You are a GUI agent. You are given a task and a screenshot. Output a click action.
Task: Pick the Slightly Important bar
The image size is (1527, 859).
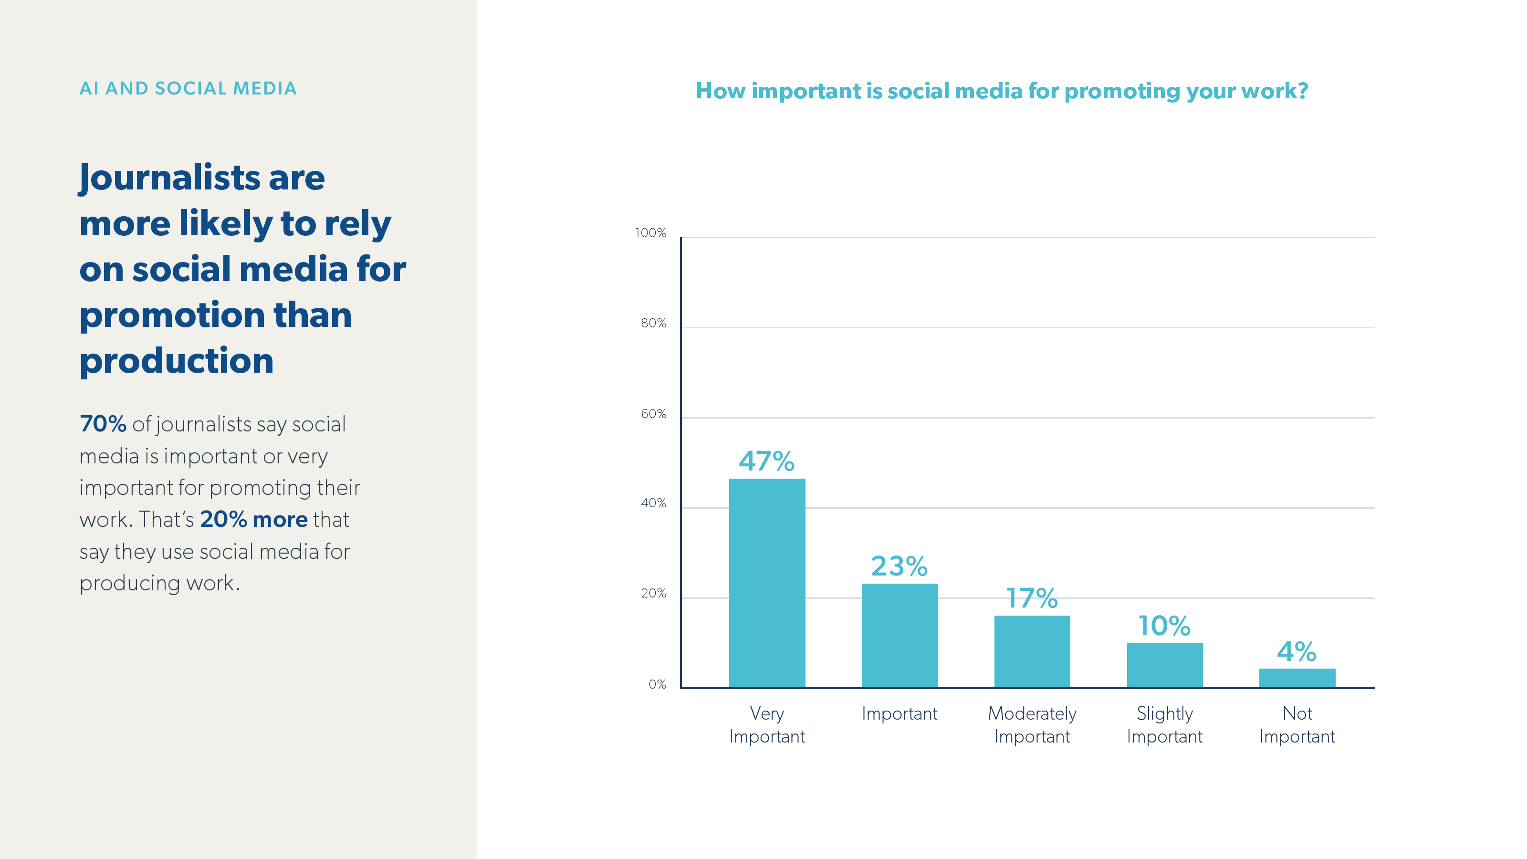1164,665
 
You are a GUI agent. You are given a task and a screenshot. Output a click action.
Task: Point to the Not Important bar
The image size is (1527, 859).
1297,678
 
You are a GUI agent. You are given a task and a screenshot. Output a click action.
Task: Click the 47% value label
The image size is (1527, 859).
766,461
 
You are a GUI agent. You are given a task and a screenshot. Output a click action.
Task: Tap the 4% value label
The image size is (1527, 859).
1297,651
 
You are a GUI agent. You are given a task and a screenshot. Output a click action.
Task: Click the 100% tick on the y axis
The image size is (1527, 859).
650,233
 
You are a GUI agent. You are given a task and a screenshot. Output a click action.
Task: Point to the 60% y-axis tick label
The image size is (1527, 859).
653,414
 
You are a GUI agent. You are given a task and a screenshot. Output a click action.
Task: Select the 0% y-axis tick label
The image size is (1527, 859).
657,684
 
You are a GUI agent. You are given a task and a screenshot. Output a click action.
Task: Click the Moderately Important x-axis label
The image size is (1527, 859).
1032,724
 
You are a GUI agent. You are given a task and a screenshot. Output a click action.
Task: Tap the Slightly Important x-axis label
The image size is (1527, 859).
1164,724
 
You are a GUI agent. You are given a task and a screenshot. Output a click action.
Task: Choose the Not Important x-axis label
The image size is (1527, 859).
1297,724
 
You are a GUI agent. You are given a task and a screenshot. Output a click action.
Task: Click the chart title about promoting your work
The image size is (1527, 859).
1001,91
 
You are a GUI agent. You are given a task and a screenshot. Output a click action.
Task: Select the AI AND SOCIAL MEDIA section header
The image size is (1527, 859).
188,88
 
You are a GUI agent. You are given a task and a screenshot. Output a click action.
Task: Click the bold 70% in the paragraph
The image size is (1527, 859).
103,424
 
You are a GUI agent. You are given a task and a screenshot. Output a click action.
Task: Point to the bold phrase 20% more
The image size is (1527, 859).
254,519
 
